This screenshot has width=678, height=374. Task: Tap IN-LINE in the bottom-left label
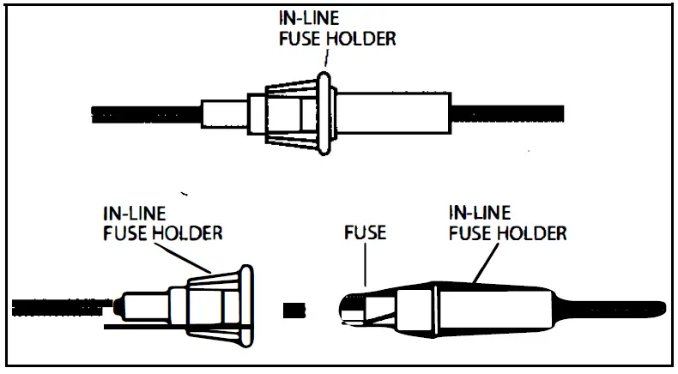pos(134,213)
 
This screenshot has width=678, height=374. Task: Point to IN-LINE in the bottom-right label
pos(479,213)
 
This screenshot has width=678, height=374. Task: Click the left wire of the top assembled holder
pos(146,113)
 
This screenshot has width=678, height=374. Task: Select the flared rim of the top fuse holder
pos(325,113)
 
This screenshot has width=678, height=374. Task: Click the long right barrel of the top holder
pos(395,113)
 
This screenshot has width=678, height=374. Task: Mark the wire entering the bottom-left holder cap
pos(60,305)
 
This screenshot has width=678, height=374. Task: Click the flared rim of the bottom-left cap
pos(245,305)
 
